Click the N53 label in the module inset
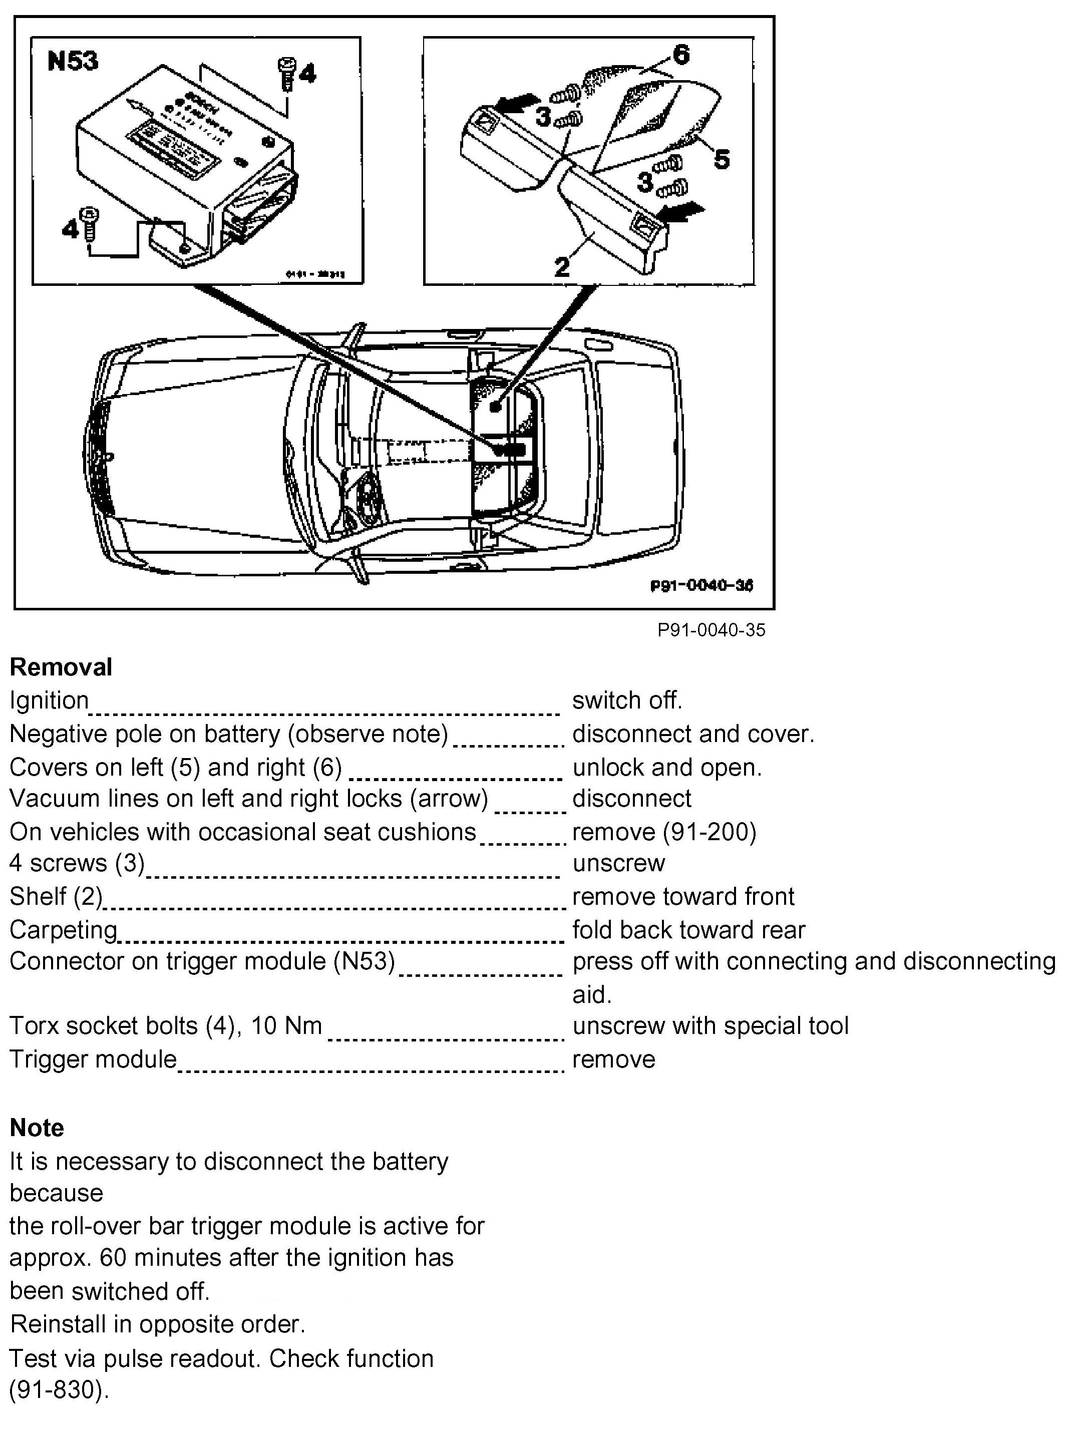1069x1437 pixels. (x=73, y=62)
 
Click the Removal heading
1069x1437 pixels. (x=61, y=667)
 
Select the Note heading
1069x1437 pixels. (x=37, y=1128)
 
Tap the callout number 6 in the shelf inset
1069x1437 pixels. (x=681, y=55)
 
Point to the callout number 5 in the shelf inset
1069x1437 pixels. (x=722, y=159)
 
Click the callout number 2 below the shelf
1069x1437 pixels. (x=562, y=266)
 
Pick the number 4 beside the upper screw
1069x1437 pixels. (x=307, y=73)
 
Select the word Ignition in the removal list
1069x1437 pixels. (x=49, y=700)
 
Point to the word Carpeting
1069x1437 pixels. (x=63, y=930)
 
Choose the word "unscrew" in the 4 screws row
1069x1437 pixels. (x=619, y=863)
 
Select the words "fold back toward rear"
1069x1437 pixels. (x=688, y=930)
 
